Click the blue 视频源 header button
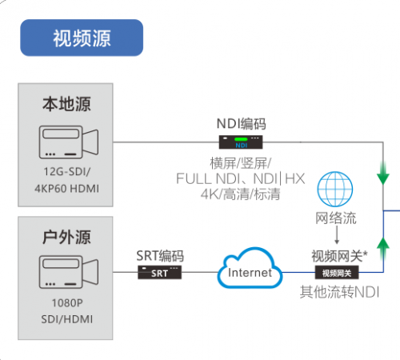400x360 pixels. click(x=82, y=38)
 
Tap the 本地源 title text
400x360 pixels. click(x=66, y=104)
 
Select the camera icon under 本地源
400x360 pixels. click(x=69, y=142)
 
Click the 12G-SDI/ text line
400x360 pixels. click(x=67, y=171)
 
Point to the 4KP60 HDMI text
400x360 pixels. click(x=66, y=189)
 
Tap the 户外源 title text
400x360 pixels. click(x=66, y=237)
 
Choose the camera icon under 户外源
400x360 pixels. click(x=69, y=272)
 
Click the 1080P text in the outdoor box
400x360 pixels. click(x=67, y=303)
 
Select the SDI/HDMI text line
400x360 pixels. click(x=67, y=319)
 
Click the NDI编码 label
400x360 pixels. click(x=241, y=124)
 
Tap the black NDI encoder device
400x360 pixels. click(x=241, y=142)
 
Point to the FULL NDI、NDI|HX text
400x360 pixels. click(x=240, y=178)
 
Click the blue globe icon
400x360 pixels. click(x=335, y=189)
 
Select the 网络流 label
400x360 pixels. click(x=336, y=218)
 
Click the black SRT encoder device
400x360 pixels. click(x=159, y=272)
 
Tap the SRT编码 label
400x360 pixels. click(x=160, y=256)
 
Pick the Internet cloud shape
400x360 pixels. click(x=250, y=268)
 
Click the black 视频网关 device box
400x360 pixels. click(x=337, y=273)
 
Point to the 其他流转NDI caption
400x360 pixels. click(x=339, y=292)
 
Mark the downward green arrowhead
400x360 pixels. click(x=383, y=178)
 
